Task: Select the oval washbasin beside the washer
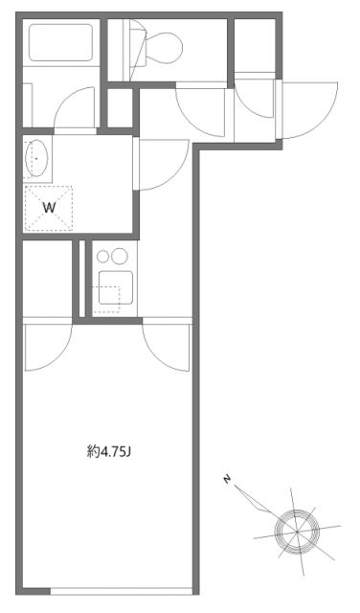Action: [x=37, y=158]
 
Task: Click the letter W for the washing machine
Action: [x=48, y=206]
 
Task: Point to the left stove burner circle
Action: [x=103, y=257]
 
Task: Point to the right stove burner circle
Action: [x=120, y=257]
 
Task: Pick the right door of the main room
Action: [x=169, y=350]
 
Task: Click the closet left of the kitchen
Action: [x=48, y=278]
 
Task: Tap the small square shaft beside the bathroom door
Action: [x=119, y=108]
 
